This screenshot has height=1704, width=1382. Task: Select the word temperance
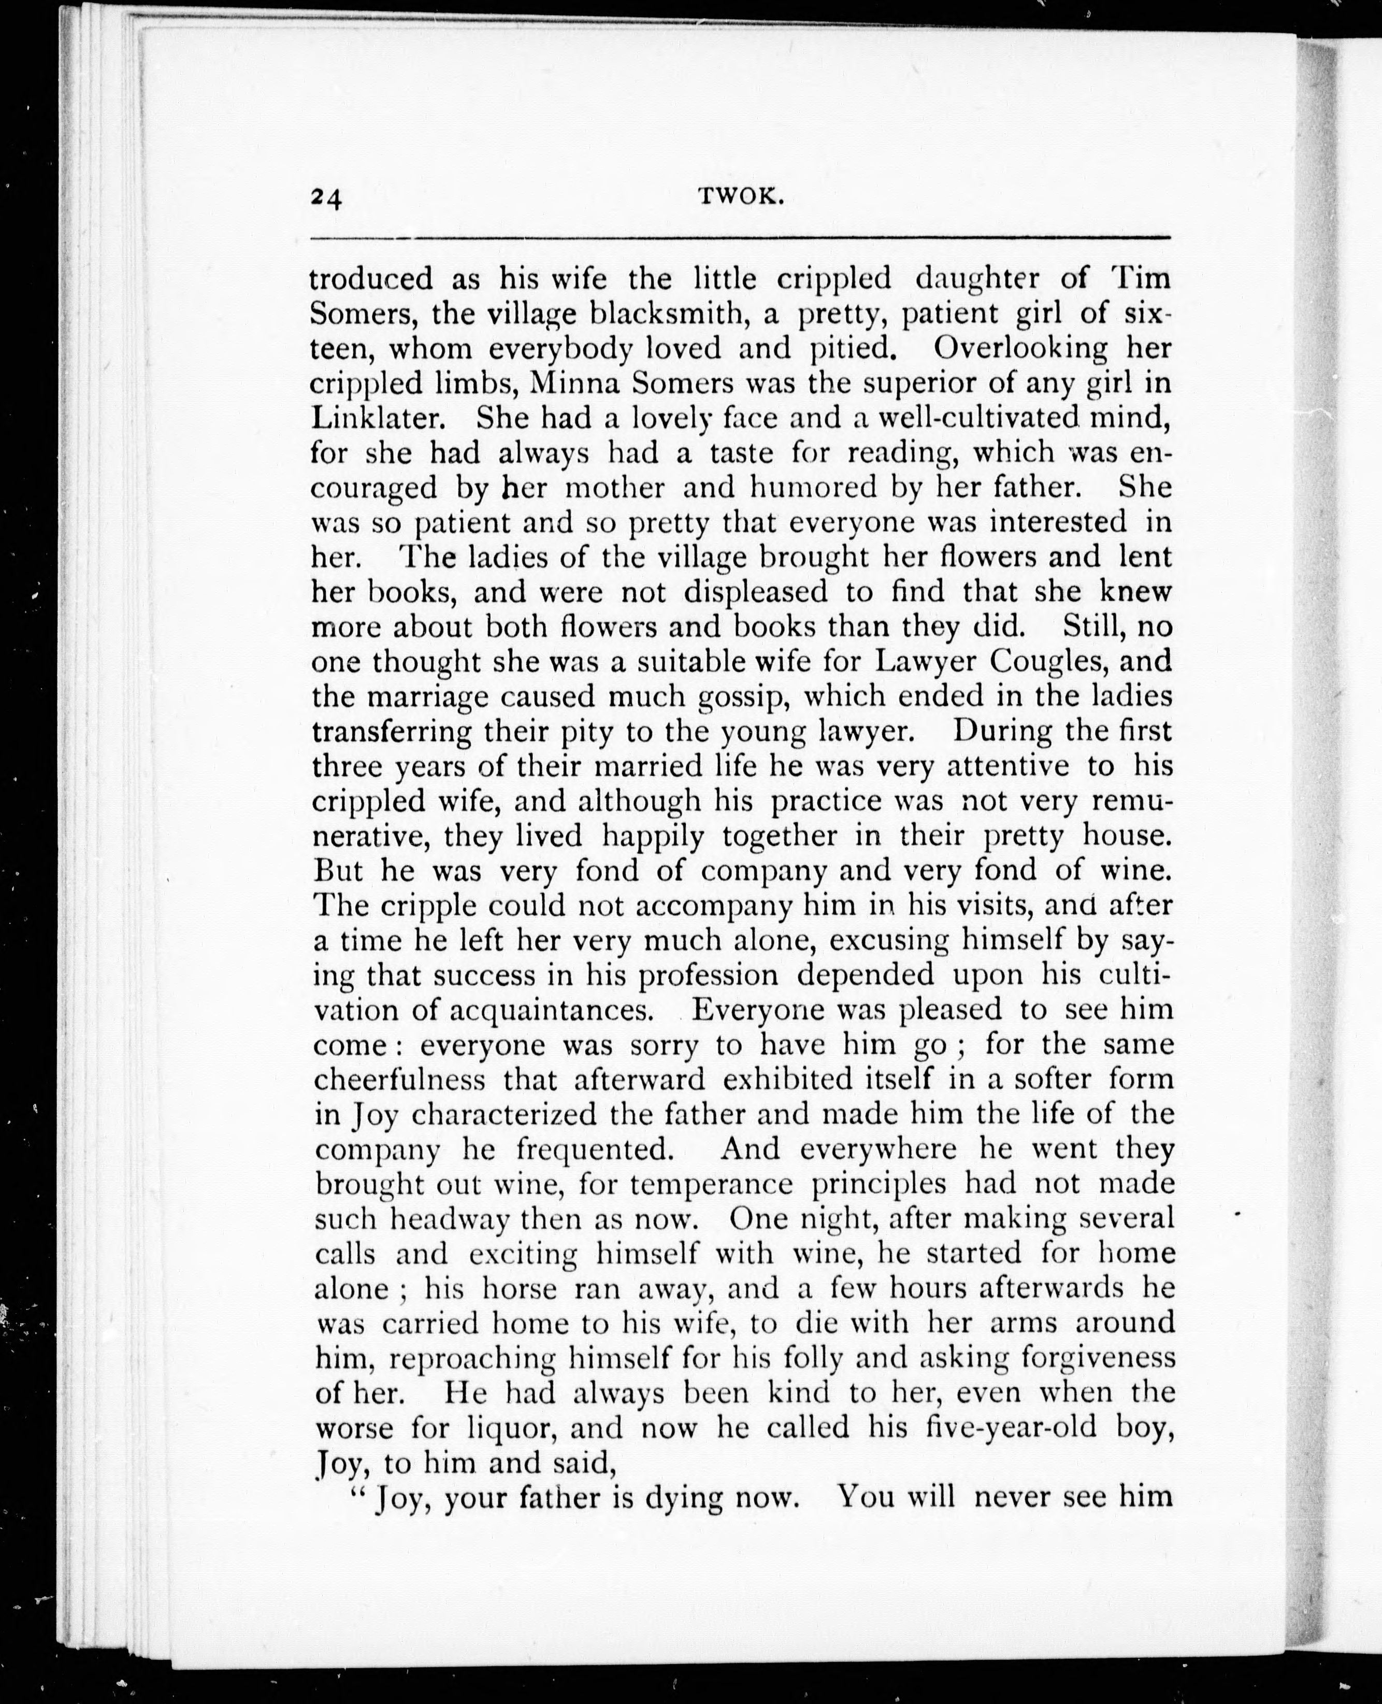point(711,1184)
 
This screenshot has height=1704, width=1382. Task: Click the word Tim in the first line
point(1142,279)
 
